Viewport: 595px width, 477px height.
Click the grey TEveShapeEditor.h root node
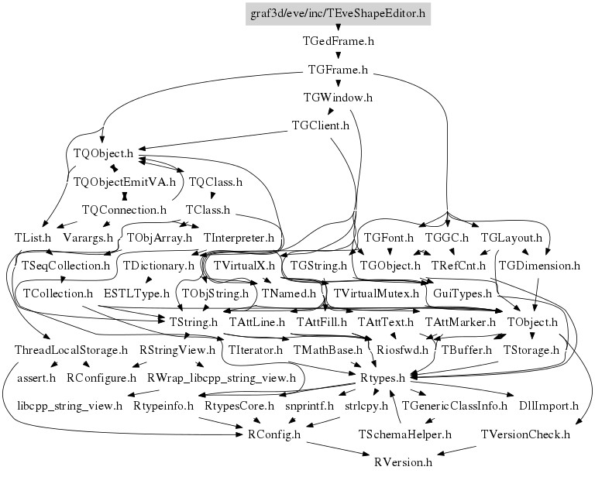[339, 13]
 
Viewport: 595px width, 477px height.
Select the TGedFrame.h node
[339, 42]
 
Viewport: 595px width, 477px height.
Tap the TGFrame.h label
[338, 70]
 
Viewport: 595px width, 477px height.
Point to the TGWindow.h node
[339, 98]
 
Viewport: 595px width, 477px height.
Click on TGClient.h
[320, 125]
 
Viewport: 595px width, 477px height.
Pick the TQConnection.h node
[125, 210]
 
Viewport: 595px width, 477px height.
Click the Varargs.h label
[88, 238]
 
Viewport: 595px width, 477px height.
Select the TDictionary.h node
[158, 266]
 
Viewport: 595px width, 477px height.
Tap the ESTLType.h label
[136, 294]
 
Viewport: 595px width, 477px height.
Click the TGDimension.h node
[539, 266]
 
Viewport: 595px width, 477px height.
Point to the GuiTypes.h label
[463, 294]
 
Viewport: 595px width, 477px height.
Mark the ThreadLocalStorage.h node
[71, 350]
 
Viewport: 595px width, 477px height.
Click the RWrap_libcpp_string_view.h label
[222, 378]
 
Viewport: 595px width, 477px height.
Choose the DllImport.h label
[549, 406]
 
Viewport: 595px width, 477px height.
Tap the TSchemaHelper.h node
[405, 434]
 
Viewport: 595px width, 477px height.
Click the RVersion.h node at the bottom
[403, 462]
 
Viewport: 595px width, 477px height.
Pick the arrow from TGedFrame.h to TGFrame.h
[339, 56]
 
